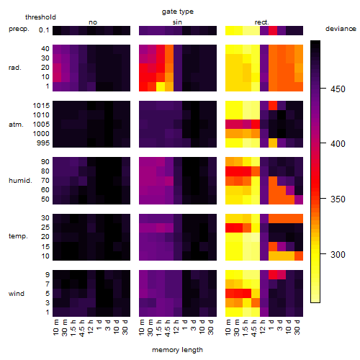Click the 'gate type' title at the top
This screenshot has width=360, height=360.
pyautogui.click(x=178, y=12)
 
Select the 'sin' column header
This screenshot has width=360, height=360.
pyautogui.click(x=177, y=22)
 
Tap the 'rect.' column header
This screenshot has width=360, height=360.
pyautogui.click(x=262, y=22)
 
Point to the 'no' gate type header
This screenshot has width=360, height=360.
pyautogui.click(x=93, y=22)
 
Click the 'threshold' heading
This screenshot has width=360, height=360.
pyautogui.click(x=40, y=17)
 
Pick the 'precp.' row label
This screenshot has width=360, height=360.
pyautogui.click(x=19, y=29)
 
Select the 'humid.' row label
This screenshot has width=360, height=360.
pyautogui.click(x=20, y=181)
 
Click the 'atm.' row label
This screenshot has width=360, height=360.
pyautogui.click(x=16, y=125)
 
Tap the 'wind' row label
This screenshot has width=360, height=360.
pyautogui.click(x=17, y=293)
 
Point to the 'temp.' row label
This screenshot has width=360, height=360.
pyautogui.click(x=18, y=236)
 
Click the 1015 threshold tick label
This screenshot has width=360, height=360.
pyautogui.click(x=41, y=106)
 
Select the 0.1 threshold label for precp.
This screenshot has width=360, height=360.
pyautogui.click(x=44, y=30)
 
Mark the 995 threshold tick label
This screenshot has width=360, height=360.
pyautogui.click(x=43, y=143)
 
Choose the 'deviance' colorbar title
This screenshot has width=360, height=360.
pyautogui.click(x=341, y=29)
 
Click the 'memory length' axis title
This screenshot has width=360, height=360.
pyautogui.click(x=178, y=350)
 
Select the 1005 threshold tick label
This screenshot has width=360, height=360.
pyautogui.click(x=41, y=125)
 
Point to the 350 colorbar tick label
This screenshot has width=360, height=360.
pyautogui.click(x=338, y=199)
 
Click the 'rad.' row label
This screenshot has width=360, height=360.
pyautogui.click(x=15, y=68)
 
